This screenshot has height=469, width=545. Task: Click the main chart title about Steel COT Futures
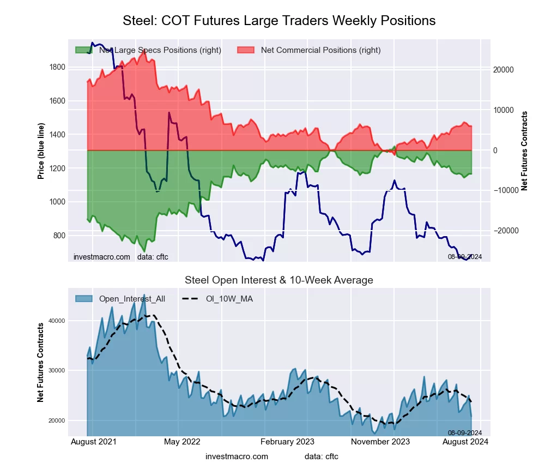pos(279,21)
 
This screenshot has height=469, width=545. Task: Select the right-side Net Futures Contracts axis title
pos(524,151)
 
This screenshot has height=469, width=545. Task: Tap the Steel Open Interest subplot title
pos(279,280)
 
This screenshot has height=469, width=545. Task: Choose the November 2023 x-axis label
pos(381,442)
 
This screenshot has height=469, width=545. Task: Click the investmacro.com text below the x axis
pos(237,456)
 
